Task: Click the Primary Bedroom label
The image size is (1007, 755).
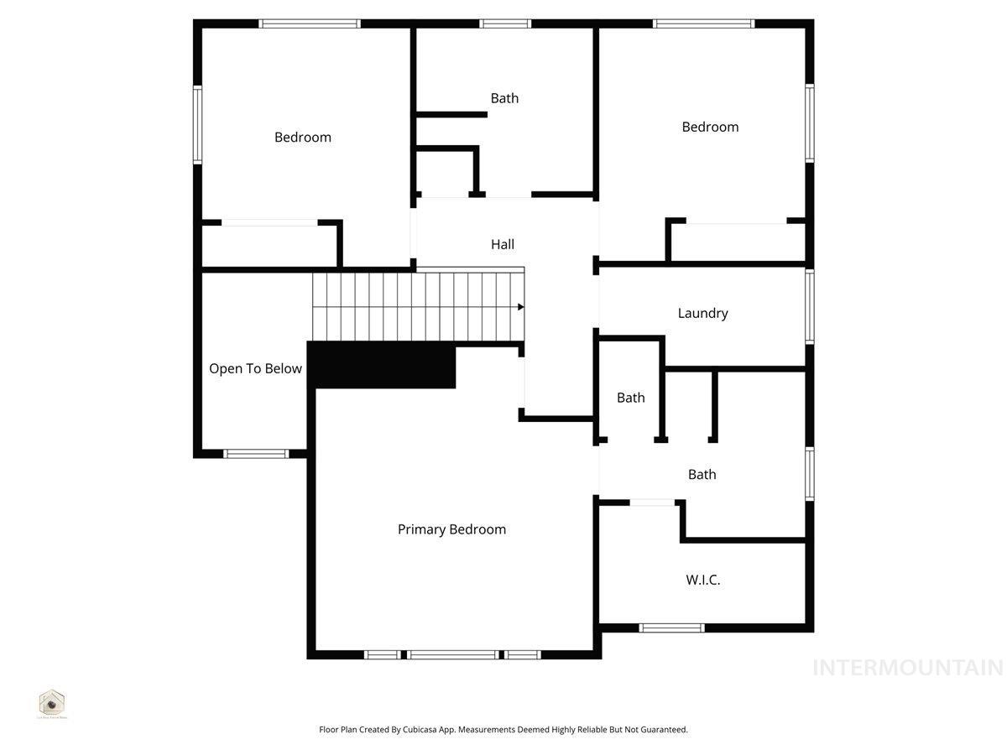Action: point(451,529)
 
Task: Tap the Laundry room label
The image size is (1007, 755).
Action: point(702,313)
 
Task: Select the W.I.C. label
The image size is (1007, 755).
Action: point(703,580)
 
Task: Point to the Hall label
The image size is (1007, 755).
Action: point(503,244)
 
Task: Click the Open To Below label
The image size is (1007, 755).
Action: point(255,368)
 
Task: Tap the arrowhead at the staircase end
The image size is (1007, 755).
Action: point(521,307)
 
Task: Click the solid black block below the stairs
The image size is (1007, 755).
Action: point(383,366)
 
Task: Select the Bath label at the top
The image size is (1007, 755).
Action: point(504,98)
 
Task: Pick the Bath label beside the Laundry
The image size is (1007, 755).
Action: point(631,398)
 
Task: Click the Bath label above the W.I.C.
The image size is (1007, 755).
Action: point(702,474)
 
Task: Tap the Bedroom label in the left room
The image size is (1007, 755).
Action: point(303,137)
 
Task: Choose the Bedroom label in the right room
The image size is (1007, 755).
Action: point(710,127)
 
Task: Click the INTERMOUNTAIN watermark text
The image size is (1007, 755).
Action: point(907,668)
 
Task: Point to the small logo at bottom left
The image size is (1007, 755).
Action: point(52,703)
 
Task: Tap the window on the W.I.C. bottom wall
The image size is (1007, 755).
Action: point(671,627)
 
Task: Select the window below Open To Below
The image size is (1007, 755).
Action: point(256,454)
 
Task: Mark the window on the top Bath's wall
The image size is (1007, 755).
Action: point(505,23)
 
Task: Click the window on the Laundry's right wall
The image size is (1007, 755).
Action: point(810,306)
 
